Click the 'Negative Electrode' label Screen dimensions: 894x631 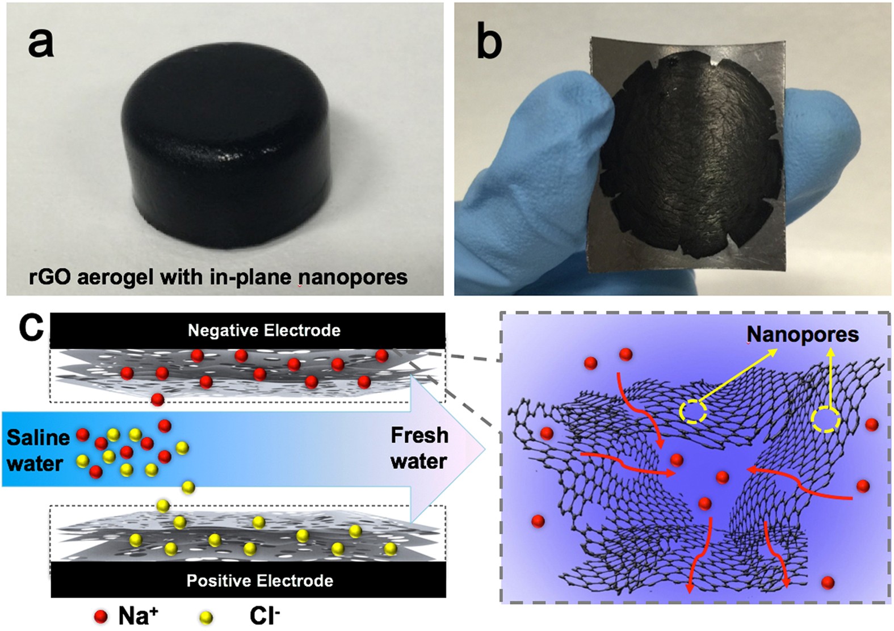(264, 330)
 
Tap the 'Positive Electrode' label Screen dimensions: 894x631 (260, 580)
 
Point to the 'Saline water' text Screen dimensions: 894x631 (37, 450)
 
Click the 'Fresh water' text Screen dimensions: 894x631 (419, 448)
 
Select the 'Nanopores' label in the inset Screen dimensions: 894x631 (802, 334)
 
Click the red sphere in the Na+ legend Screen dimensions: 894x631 (101, 616)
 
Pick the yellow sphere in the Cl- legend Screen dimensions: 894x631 (207, 617)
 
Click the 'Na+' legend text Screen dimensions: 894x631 (135, 616)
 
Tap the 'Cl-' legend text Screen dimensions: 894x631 (265, 616)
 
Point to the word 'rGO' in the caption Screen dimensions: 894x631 (51, 277)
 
